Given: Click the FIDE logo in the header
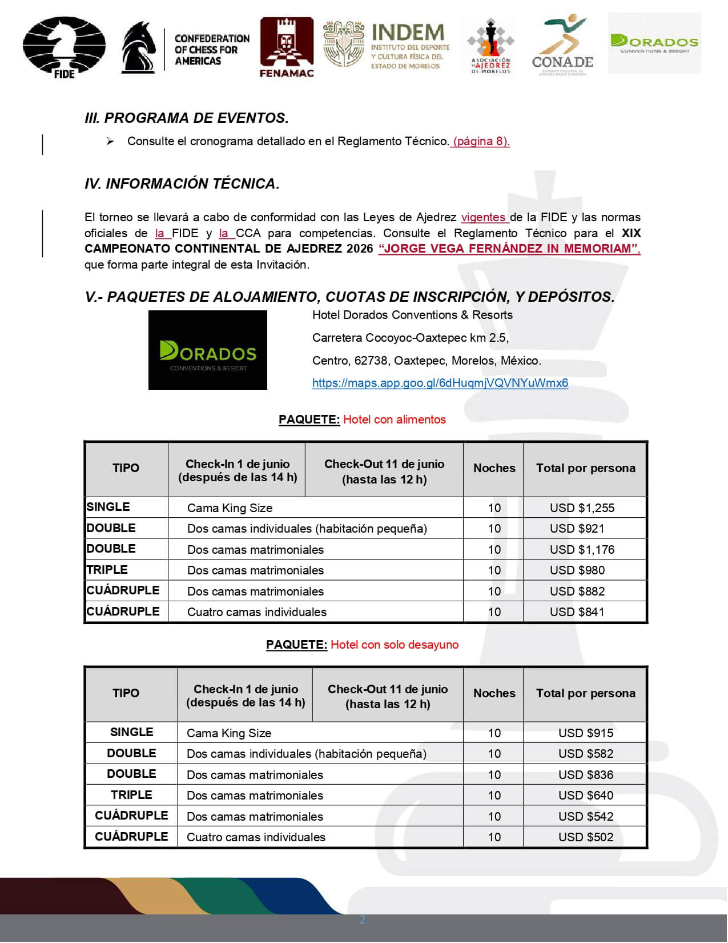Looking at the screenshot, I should [x=64, y=48].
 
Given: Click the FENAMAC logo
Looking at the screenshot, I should [x=287, y=47].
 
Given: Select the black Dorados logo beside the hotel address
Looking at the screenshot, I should [x=208, y=350].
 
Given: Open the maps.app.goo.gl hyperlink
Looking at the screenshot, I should [x=440, y=383].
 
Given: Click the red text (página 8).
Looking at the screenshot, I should [x=481, y=141].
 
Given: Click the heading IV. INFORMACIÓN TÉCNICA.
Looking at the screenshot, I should [x=182, y=183].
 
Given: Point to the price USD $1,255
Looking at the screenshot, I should [x=582, y=508].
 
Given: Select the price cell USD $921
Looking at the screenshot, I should [x=577, y=529].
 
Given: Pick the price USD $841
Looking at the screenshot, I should [x=577, y=612].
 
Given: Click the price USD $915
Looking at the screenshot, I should [x=585, y=733].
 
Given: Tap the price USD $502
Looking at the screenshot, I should [x=585, y=837].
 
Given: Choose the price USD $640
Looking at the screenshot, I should [x=585, y=796].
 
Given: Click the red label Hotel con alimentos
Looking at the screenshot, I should [x=394, y=420].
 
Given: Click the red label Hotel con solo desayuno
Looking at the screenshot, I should [x=394, y=645].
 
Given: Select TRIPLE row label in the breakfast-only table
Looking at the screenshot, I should [x=131, y=795].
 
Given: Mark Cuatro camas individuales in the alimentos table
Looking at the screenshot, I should [x=256, y=612].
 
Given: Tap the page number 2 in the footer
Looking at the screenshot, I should [x=362, y=920].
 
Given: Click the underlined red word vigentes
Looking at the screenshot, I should [x=484, y=218].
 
